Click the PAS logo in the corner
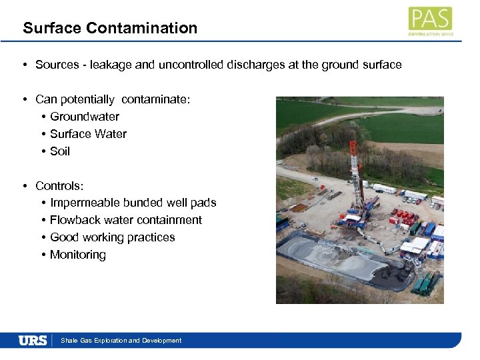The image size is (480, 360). pos(430,21)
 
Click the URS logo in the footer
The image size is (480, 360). pos(33,340)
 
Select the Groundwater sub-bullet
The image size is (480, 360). pos(85,117)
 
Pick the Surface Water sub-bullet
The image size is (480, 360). pos(88,134)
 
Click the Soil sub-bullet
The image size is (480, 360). pos(60,151)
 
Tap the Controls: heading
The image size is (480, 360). pos(59,185)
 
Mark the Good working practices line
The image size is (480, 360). pos(113,237)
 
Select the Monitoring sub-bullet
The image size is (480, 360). pos(78,255)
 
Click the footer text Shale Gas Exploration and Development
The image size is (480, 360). pos(121,341)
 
